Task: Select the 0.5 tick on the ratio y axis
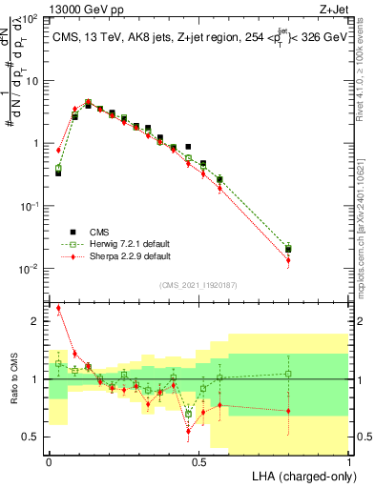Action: [34, 437]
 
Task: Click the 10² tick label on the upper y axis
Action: [31, 18]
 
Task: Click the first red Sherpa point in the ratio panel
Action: [58, 308]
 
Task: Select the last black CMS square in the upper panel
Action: [288, 249]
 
